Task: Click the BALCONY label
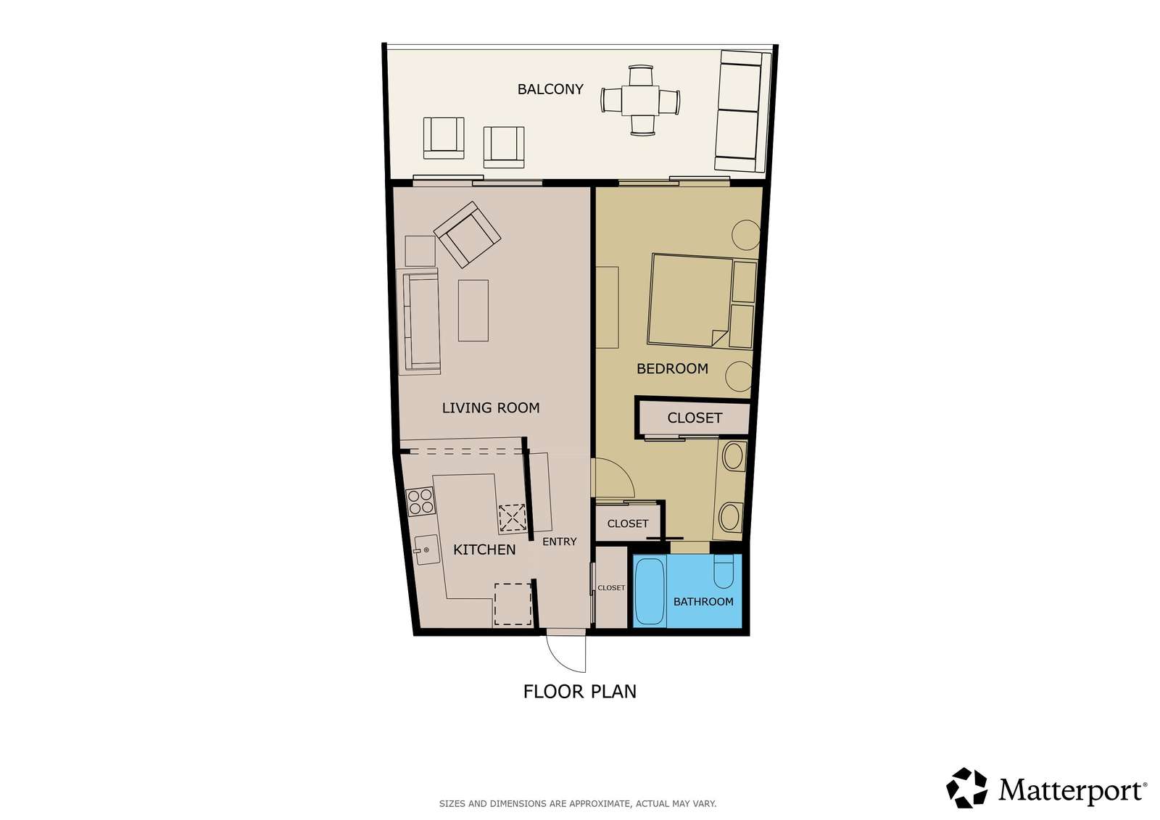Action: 550,89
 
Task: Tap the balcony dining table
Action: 640,100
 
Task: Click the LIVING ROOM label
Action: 490,408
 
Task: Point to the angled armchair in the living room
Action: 467,234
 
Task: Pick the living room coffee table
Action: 473,310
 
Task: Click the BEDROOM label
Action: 672,369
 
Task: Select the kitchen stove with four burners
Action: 420,502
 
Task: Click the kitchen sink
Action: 427,550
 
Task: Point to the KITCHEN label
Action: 484,550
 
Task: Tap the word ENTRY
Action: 559,542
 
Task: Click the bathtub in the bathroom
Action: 650,592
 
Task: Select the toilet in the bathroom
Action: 724,571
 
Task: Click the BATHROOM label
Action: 703,602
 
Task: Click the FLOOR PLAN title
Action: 579,692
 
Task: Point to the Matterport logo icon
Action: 966,788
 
